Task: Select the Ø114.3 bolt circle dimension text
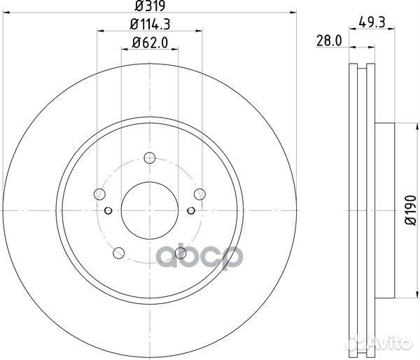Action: click(x=150, y=25)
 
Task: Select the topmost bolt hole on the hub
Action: click(x=150, y=158)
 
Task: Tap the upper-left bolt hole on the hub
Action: click(x=100, y=194)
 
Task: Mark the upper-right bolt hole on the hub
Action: click(x=200, y=194)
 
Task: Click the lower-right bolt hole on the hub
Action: click(x=181, y=252)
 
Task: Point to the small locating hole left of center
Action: click(x=108, y=209)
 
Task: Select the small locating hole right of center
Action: click(x=192, y=209)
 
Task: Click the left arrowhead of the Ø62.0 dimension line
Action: click(x=125, y=50)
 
